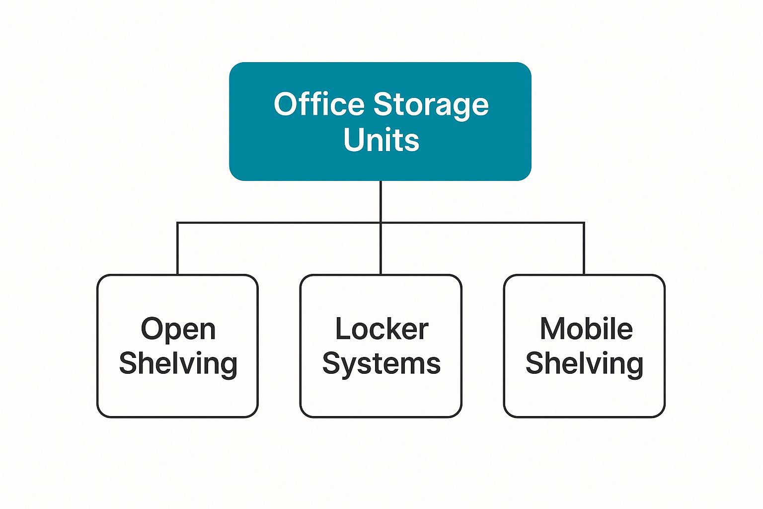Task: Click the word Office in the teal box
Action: pos(319,104)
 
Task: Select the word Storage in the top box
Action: pos(431,105)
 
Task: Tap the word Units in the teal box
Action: pos(381,140)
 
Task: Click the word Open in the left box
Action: pos(178,330)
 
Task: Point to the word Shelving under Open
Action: pos(178,364)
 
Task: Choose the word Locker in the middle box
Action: pos(381,329)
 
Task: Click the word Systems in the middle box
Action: pos(381,364)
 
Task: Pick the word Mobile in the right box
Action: pos(586,329)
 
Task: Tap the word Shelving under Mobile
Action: pos(584,364)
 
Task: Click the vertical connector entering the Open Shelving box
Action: pos(177,249)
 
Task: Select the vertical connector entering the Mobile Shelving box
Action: pos(584,249)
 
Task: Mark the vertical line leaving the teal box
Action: pos(381,201)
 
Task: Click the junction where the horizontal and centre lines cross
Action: pos(381,223)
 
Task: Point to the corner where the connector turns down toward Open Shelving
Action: pos(177,223)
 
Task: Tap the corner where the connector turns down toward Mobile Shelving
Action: pos(584,223)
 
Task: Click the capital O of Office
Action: pos(285,104)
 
